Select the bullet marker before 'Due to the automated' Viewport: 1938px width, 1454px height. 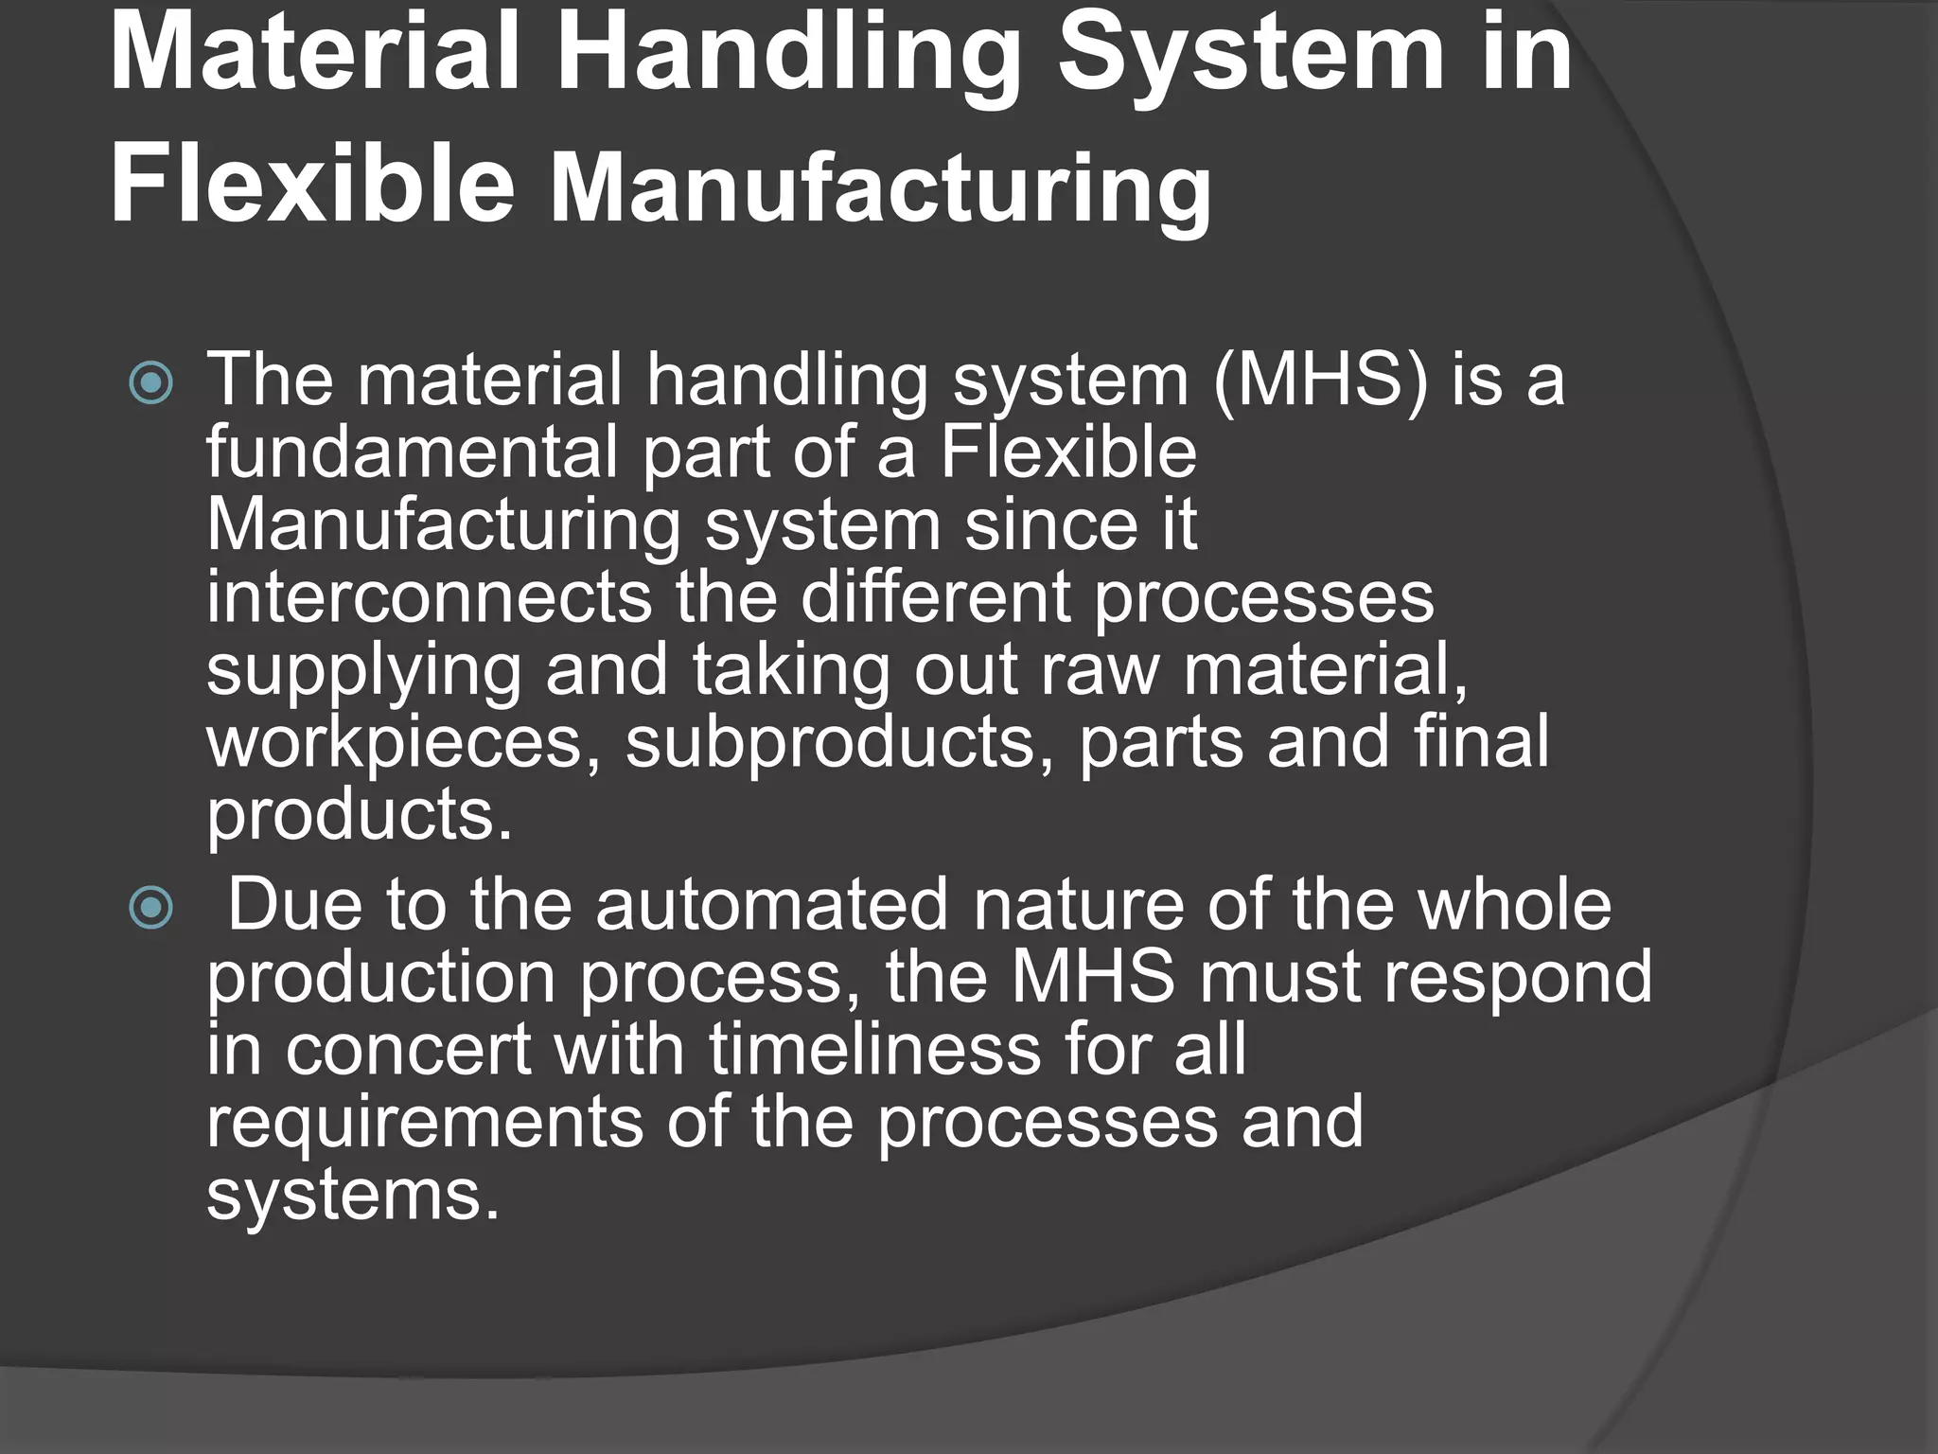click(151, 909)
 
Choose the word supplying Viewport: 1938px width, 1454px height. click(363, 672)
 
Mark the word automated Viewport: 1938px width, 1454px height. click(771, 905)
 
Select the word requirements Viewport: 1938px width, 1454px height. click(424, 1123)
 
